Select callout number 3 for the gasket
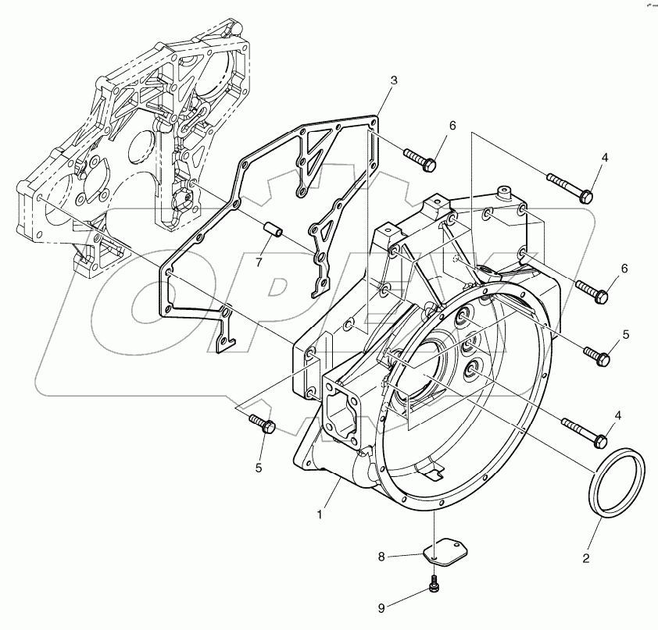click(x=394, y=80)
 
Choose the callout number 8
click(x=382, y=557)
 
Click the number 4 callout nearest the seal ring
click(x=617, y=417)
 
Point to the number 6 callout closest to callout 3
click(x=452, y=126)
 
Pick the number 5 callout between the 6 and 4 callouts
click(x=625, y=334)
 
